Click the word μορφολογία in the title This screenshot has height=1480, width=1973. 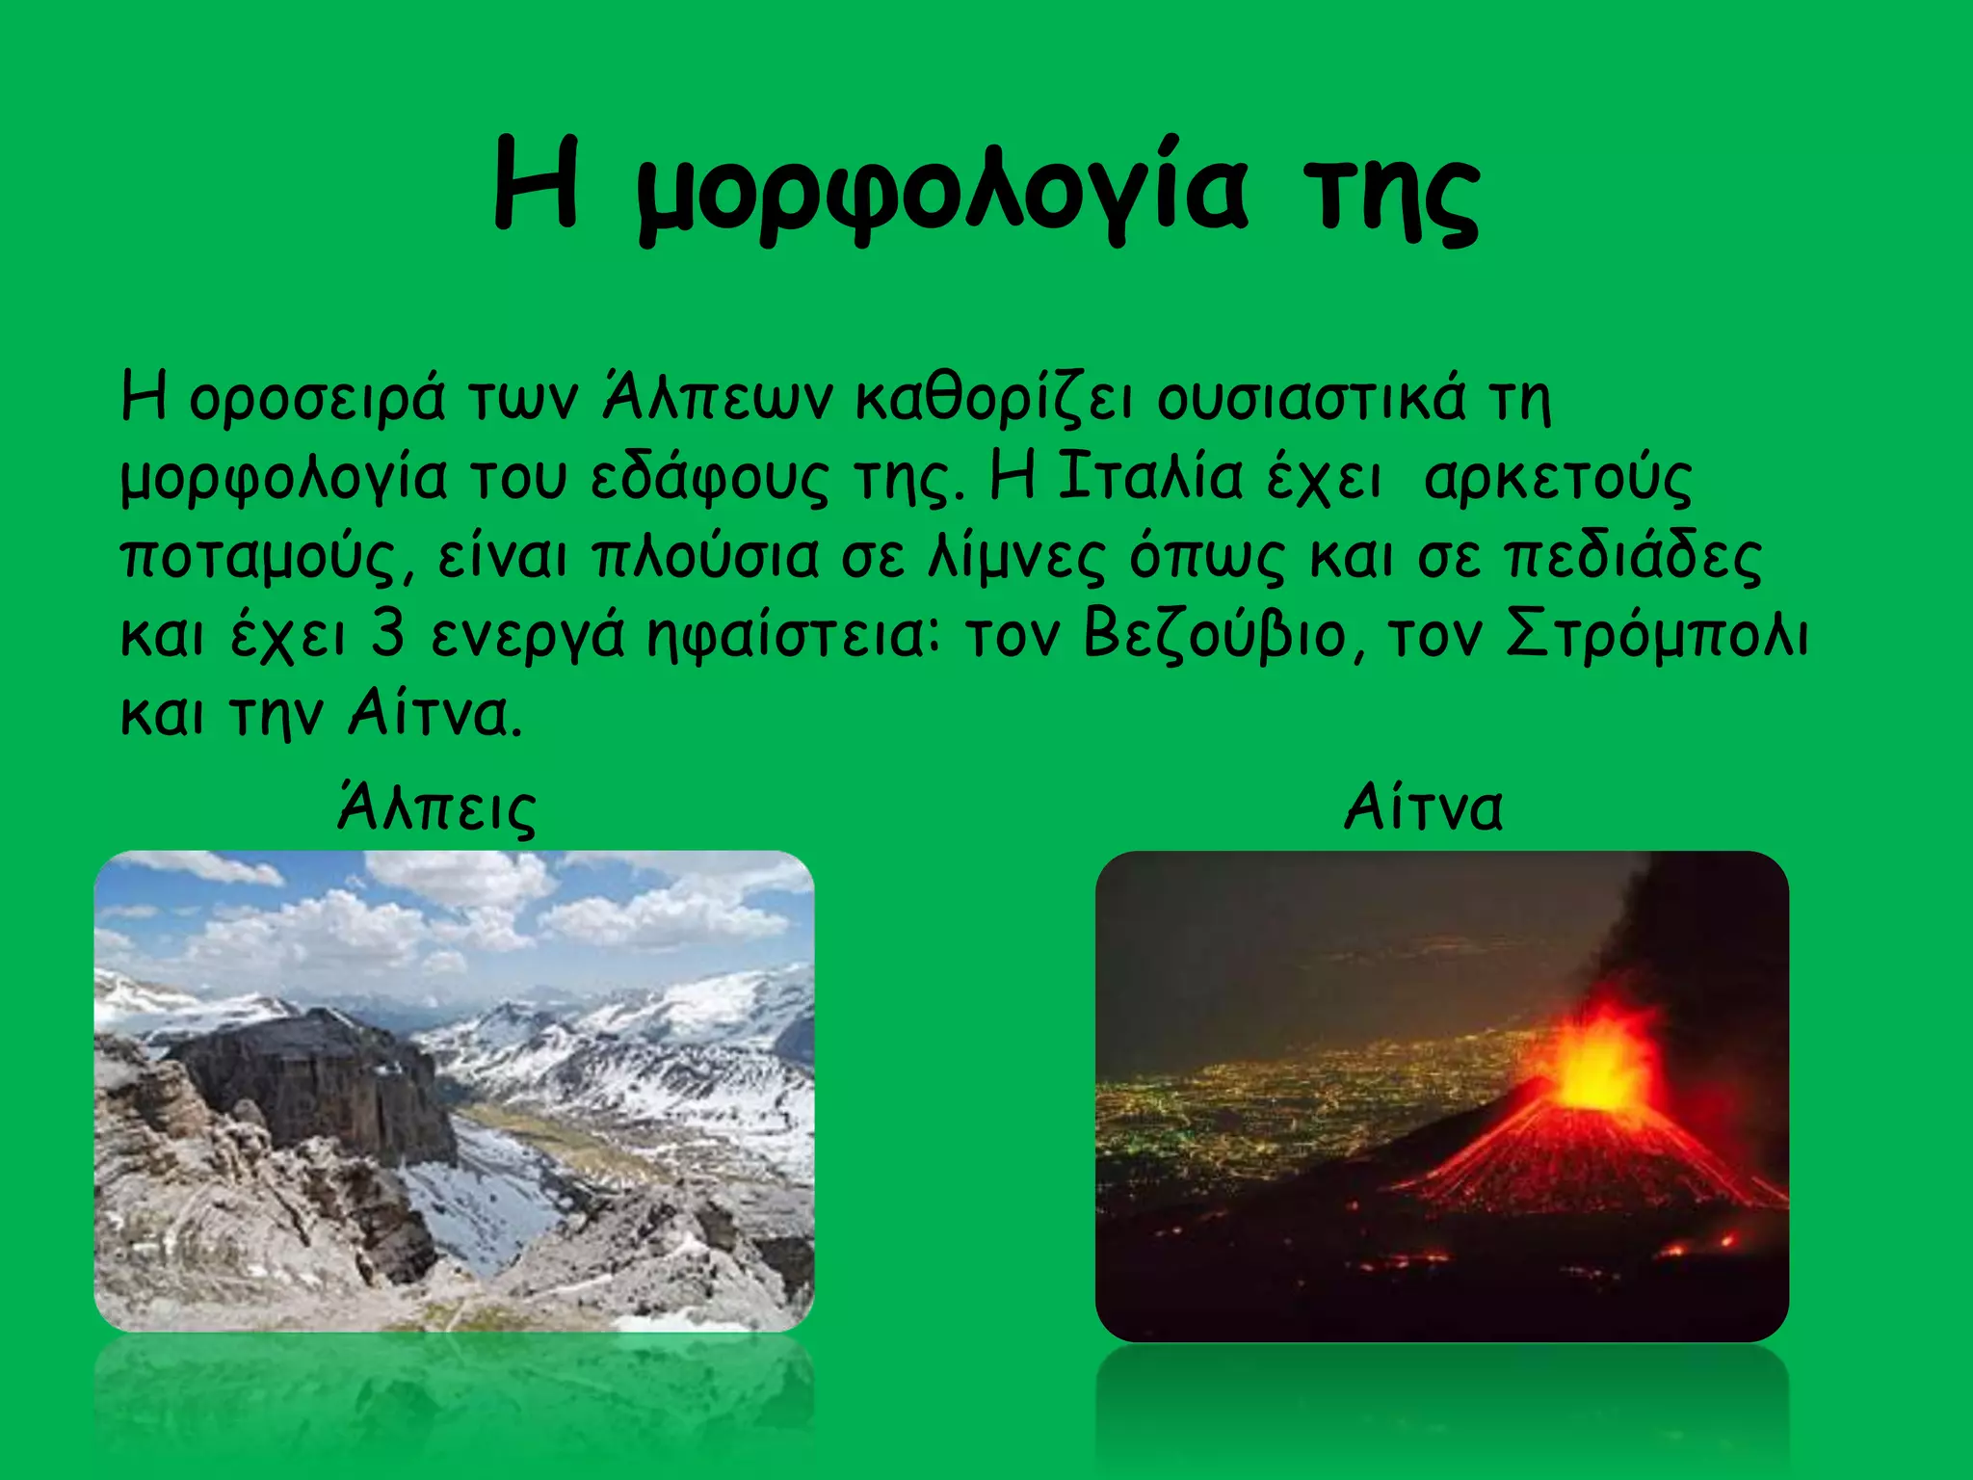(x=942, y=188)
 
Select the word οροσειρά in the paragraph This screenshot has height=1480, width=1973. (x=317, y=397)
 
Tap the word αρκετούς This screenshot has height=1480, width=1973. (x=1557, y=478)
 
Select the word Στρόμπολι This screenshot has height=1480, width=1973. (x=1657, y=636)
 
